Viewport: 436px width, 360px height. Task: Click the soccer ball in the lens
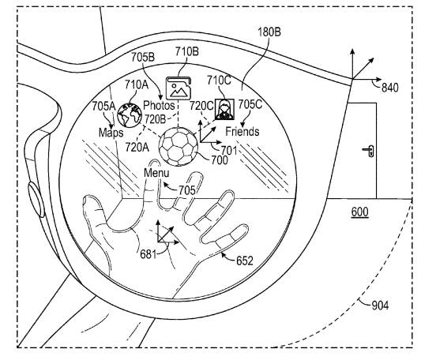click(x=179, y=147)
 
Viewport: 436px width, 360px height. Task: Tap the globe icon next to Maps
click(x=130, y=114)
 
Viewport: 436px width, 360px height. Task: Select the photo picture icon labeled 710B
click(x=179, y=88)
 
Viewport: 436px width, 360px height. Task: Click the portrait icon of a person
click(x=224, y=109)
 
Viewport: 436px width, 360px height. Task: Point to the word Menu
click(x=156, y=173)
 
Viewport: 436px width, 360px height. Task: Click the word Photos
click(x=159, y=105)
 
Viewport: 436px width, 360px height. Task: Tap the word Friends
click(x=242, y=131)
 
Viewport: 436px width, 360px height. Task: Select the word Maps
click(x=111, y=132)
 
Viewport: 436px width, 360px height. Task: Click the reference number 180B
click(x=269, y=32)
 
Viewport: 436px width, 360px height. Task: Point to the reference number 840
click(x=390, y=88)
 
